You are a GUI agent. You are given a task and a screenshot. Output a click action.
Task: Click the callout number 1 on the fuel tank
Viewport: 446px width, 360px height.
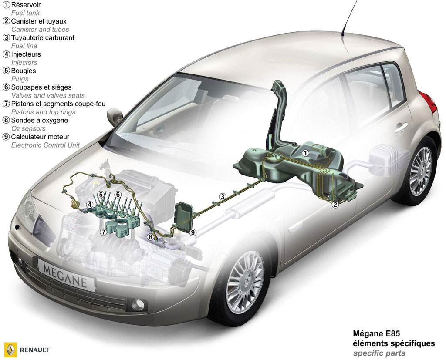coord(305,153)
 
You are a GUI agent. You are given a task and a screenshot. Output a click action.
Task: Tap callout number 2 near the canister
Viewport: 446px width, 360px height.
coord(335,205)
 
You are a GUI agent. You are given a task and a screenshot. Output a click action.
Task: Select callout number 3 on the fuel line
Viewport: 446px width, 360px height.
coord(223,196)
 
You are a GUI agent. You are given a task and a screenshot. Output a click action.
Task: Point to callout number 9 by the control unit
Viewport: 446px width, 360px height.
coord(193,232)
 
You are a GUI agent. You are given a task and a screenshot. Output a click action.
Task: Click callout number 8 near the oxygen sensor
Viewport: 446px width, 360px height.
coord(150,236)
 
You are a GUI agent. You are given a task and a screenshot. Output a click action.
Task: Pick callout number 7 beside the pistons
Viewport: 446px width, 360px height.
coord(103,232)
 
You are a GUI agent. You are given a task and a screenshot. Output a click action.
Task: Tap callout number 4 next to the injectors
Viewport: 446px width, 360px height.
coord(90,205)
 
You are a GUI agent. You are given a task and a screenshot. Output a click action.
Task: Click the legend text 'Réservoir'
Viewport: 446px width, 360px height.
coord(26,5)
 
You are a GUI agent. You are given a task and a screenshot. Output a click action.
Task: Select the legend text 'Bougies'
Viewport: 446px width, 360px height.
coord(24,71)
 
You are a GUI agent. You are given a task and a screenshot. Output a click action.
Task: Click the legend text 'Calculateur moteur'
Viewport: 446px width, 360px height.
coord(40,137)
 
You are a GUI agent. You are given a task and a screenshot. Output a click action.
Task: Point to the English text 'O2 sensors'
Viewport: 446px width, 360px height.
coord(28,128)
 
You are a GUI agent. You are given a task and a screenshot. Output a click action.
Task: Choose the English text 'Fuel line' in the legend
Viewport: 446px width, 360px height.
coord(24,46)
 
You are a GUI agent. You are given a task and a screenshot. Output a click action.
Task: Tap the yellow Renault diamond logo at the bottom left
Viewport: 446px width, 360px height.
coord(10,350)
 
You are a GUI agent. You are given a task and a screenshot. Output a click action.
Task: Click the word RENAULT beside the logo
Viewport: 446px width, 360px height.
coord(34,350)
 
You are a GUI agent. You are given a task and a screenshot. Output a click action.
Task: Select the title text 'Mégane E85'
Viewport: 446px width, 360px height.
coord(376,333)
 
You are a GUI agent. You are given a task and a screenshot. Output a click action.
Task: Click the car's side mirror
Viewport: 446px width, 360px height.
coord(115,116)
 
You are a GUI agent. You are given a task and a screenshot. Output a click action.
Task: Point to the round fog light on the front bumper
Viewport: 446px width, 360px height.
coord(138,305)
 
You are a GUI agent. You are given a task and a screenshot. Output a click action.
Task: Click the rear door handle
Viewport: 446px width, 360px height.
coord(401,128)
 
